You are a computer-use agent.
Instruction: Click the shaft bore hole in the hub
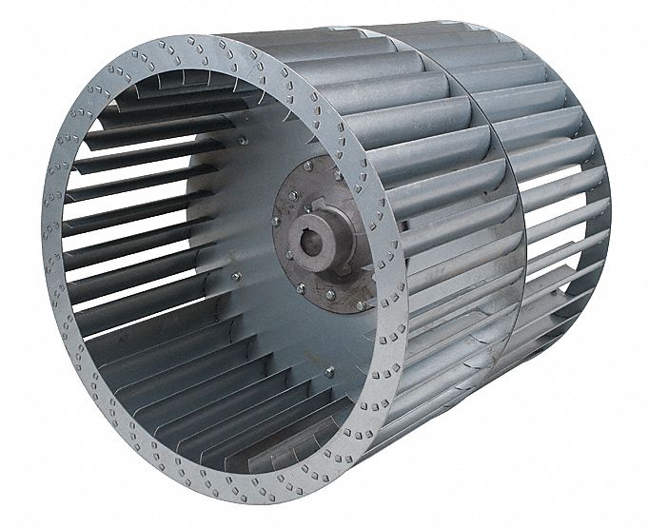pos(315,249)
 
